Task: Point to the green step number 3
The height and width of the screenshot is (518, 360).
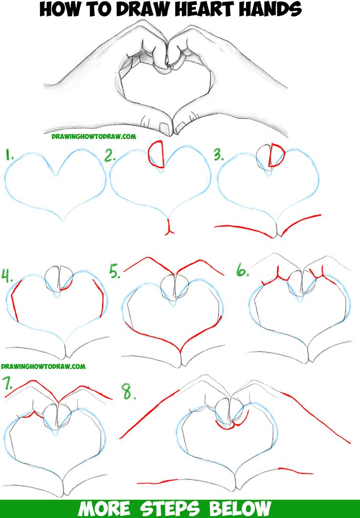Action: (x=218, y=155)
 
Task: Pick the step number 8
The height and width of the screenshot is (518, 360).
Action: (x=128, y=391)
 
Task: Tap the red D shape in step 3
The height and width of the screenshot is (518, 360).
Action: (x=277, y=155)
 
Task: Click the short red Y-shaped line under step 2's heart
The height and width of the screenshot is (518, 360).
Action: (x=169, y=227)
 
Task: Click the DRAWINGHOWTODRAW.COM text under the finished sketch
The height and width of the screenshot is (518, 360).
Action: (x=94, y=137)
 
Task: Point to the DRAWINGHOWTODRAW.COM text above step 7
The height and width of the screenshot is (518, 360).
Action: (x=43, y=366)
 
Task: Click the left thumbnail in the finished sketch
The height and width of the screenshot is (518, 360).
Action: (x=164, y=129)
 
